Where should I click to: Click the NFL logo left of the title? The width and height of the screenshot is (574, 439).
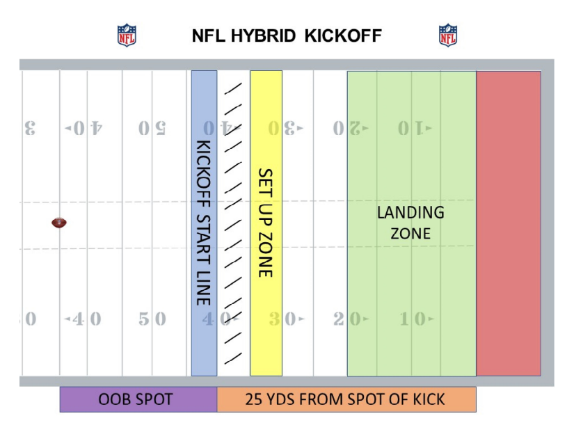click(x=127, y=35)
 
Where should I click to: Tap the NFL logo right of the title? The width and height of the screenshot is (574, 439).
click(x=448, y=35)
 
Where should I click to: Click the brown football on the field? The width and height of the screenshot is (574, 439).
click(x=59, y=223)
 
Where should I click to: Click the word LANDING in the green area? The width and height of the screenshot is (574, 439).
click(x=410, y=212)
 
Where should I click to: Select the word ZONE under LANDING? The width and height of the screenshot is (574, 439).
click(x=410, y=233)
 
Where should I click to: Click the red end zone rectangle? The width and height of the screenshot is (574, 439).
click(x=509, y=223)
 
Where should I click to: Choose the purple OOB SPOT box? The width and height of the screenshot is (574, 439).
click(x=138, y=399)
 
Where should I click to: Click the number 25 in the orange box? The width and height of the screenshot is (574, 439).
click(x=255, y=399)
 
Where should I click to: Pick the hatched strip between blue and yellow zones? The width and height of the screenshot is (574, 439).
click(x=234, y=223)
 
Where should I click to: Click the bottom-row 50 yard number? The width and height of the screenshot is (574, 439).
click(x=152, y=319)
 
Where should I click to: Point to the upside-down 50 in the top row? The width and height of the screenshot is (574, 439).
click(x=152, y=129)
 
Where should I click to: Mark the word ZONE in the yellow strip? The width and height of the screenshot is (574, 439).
click(x=265, y=254)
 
